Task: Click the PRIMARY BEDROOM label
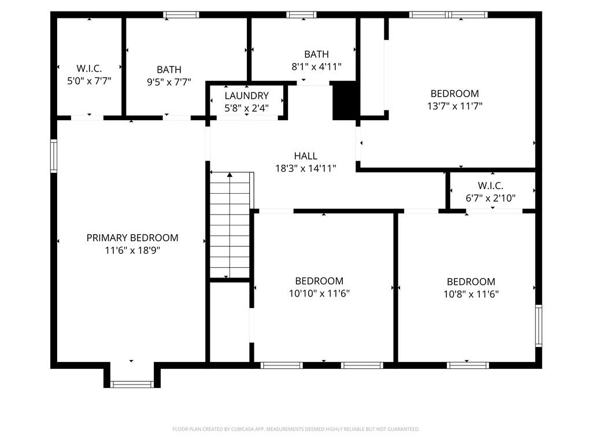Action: click(132, 238)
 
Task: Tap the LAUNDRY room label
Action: click(246, 95)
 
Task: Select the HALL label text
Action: click(305, 156)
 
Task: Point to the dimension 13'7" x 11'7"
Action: click(454, 106)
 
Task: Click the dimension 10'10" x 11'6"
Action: click(319, 293)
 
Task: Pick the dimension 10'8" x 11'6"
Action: click(471, 294)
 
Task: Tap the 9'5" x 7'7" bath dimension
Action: click(169, 82)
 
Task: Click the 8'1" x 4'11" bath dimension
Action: click(316, 67)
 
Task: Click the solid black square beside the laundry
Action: click(345, 101)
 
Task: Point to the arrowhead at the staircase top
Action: click(230, 175)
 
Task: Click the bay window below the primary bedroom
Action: click(132, 384)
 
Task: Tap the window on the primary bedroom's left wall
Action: click(54, 156)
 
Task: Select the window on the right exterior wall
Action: click(539, 325)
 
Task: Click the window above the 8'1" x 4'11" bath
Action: click(301, 14)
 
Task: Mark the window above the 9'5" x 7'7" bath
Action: click(181, 14)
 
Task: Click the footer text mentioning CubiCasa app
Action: click(296, 429)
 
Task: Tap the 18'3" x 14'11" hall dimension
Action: click(305, 168)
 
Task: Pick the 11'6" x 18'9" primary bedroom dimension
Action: click(132, 250)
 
